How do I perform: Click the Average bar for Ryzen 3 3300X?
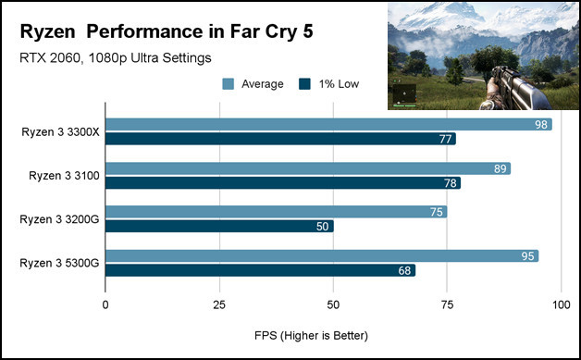[328, 125]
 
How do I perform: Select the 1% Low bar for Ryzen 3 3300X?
[281, 139]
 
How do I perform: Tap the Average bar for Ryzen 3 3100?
[308, 168]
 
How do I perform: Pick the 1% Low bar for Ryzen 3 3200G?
[219, 226]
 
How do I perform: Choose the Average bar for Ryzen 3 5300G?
[322, 255]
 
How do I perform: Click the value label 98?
[541, 125]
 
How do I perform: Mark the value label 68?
[404, 270]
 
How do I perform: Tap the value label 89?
[501, 168]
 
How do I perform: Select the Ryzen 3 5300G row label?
[59, 263]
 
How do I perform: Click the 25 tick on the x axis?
[219, 304]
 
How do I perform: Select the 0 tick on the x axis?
[106, 304]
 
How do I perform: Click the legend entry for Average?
[254, 84]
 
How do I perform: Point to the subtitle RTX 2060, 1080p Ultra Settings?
[116, 58]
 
